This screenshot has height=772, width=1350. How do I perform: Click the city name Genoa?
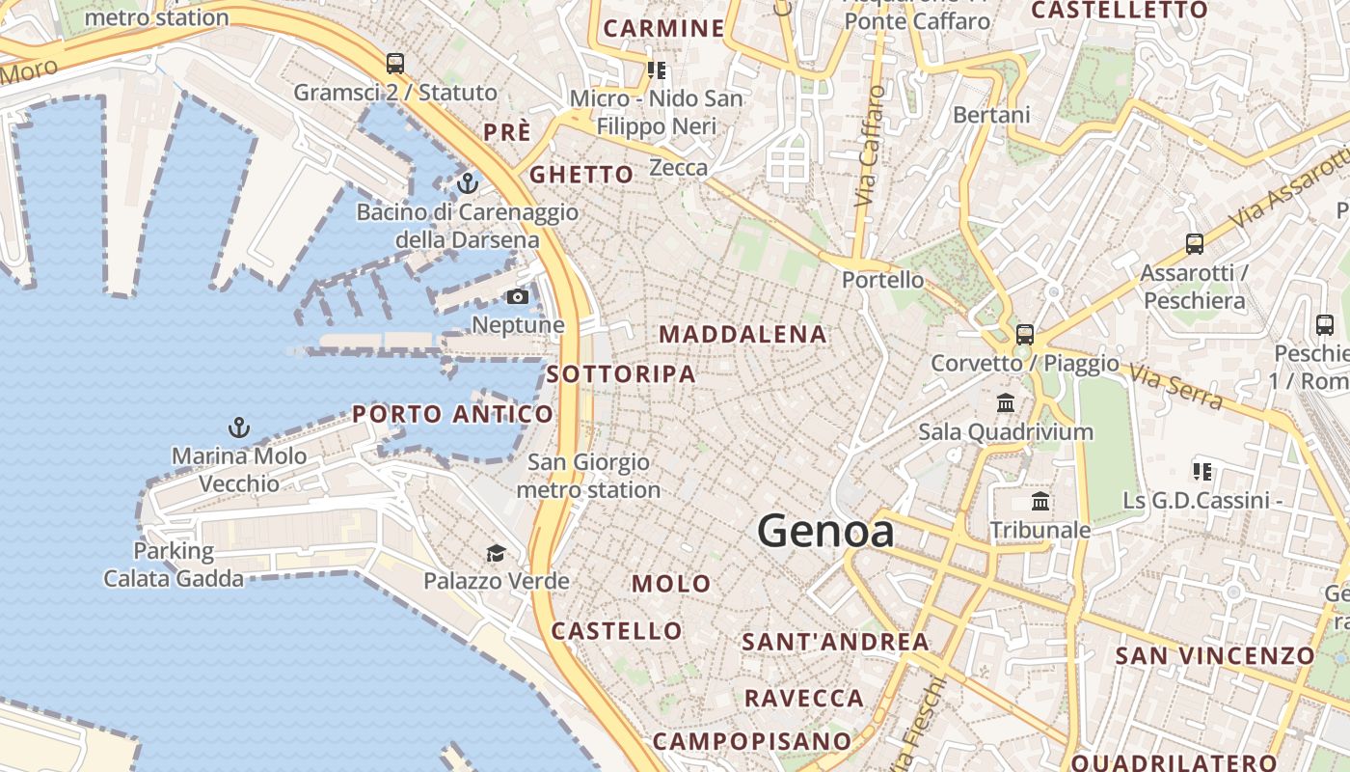(x=825, y=531)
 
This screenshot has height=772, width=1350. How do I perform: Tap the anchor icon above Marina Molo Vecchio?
(x=238, y=427)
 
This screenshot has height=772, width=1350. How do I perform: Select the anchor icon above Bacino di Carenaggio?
(x=468, y=182)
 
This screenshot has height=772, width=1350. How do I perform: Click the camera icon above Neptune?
(x=518, y=296)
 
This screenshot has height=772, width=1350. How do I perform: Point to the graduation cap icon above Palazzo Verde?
(x=496, y=553)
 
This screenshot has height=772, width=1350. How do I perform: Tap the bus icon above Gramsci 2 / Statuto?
(x=395, y=64)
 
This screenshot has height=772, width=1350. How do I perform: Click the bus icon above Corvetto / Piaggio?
(x=1025, y=335)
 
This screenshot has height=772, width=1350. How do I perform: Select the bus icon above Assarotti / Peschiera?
(x=1195, y=244)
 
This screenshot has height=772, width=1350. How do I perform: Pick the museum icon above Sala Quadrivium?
(x=1006, y=402)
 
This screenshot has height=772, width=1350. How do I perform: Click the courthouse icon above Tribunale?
(x=1040, y=501)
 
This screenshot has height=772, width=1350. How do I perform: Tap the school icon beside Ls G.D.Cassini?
(x=1201, y=472)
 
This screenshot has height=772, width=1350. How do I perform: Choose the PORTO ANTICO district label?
(x=452, y=415)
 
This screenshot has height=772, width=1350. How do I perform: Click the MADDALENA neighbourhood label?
(x=742, y=335)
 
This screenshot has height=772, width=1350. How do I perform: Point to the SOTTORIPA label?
(x=621, y=374)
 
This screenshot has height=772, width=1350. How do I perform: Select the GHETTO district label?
(x=581, y=175)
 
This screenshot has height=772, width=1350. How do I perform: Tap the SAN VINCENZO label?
(x=1215, y=656)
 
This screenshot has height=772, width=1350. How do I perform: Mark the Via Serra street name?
(x=1175, y=386)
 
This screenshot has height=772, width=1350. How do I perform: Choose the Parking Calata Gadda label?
(x=174, y=565)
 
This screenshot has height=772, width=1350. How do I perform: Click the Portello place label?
(x=882, y=280)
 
